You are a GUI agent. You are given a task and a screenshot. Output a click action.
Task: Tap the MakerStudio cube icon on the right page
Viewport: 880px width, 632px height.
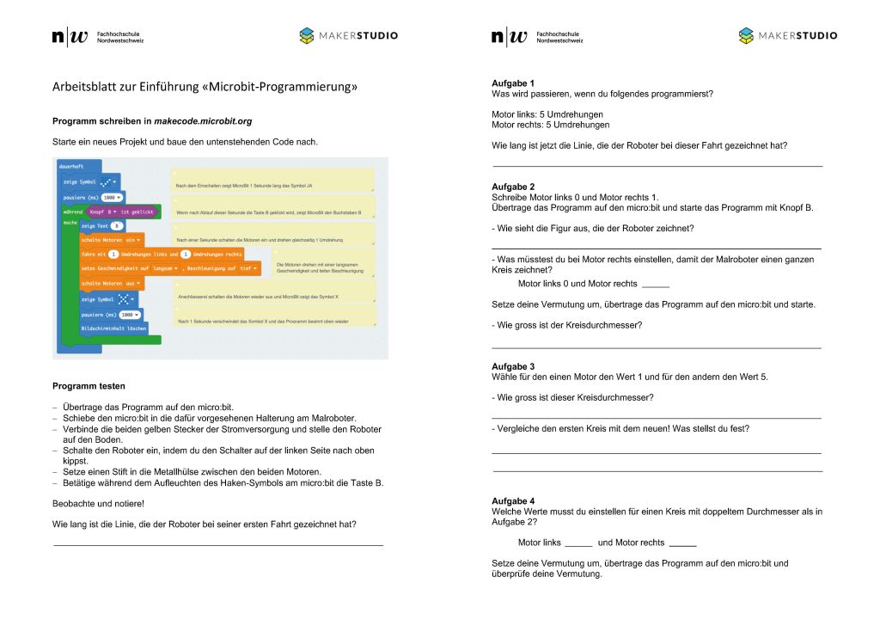tap(746, 36)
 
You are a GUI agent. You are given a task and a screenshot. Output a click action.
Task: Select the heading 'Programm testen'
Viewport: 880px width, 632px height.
tap(89, 386)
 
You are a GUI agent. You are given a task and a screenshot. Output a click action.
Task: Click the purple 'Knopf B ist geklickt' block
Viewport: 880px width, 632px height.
tap(123, 211)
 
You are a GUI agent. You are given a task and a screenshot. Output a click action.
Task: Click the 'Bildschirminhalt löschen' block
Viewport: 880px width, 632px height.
tap(113, 328)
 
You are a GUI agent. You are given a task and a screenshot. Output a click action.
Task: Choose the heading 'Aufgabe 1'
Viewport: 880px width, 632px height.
tap(512, 83)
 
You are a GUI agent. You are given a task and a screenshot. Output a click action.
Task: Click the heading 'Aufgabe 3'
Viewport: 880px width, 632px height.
tap(512, 367)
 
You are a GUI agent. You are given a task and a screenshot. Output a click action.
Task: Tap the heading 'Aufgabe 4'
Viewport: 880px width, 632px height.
tap(512, 501)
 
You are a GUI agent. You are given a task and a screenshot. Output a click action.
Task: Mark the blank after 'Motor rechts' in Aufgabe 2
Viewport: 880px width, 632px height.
tap(655, 285)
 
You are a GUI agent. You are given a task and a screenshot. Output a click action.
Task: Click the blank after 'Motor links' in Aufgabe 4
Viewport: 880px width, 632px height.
tap(578, 543)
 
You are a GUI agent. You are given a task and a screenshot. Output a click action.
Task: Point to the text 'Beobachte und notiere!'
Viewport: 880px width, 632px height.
tap(98, 503)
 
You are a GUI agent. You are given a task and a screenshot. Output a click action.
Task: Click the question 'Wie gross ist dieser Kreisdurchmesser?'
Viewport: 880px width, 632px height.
tap(573, 397)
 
